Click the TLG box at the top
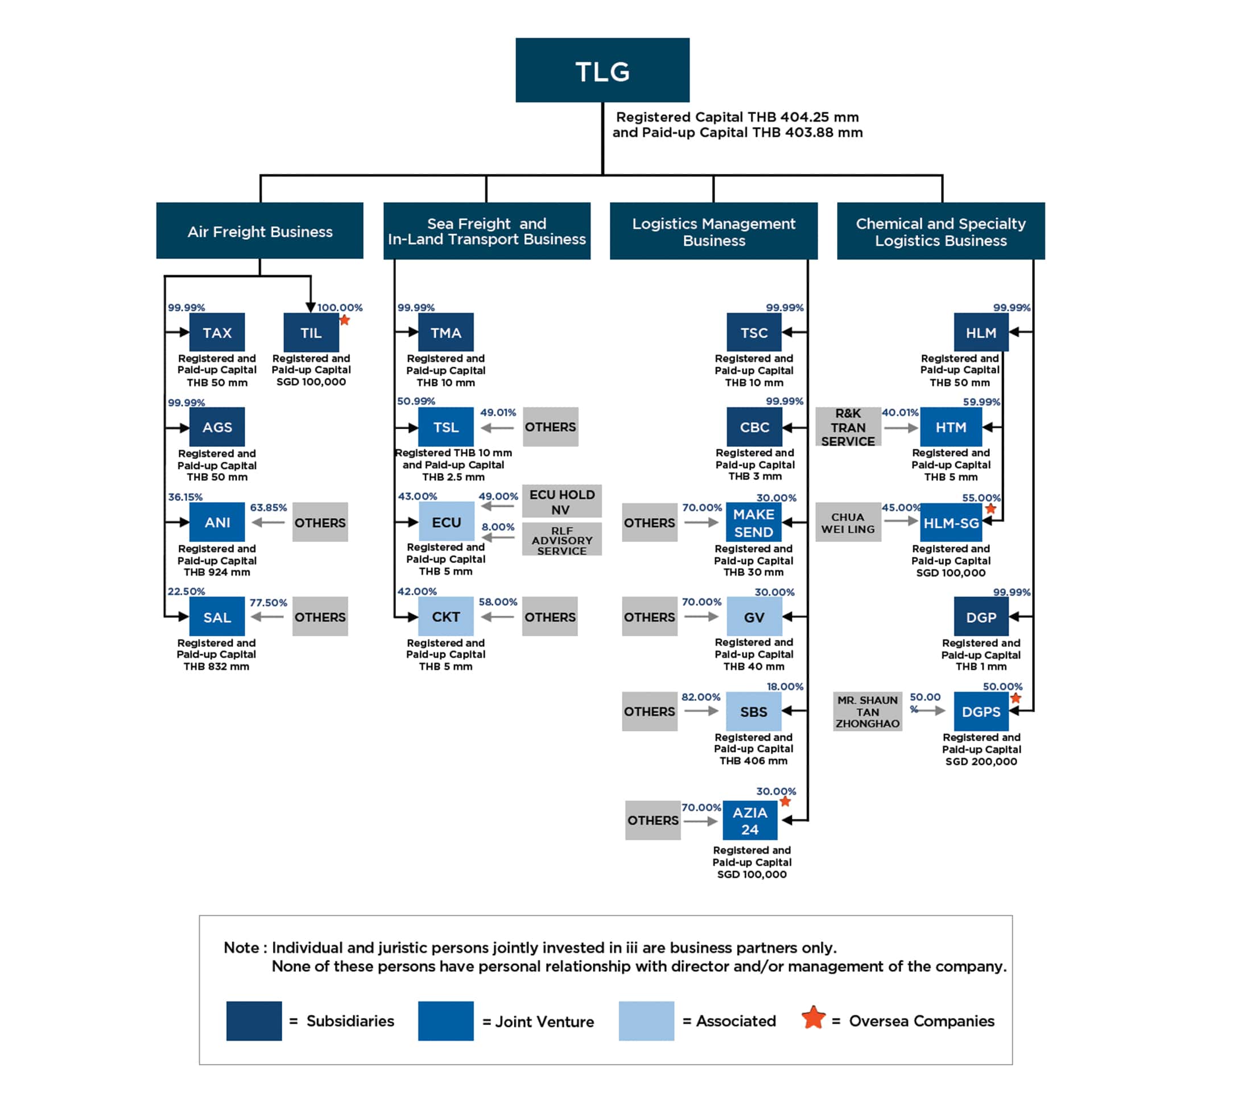point(602,70)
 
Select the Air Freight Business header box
point(259,231)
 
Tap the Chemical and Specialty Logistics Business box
point(940,231)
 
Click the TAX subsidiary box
point(217,332)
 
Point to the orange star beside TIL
point(345,319)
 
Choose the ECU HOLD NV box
point(562,501)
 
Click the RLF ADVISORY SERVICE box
point(562,540)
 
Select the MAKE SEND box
point(753,523)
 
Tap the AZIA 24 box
point(750,820)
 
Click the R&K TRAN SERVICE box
point(848,426)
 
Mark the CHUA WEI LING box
point(848,522)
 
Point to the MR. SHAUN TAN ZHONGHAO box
point(868,711)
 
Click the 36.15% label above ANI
point(185,496)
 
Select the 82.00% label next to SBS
point(701,697)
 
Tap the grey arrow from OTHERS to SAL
point(267,617)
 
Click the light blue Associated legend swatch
point(646,1021)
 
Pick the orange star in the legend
point(813,1017)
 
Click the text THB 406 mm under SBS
point(753,761)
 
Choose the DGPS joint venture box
point(981,711)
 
